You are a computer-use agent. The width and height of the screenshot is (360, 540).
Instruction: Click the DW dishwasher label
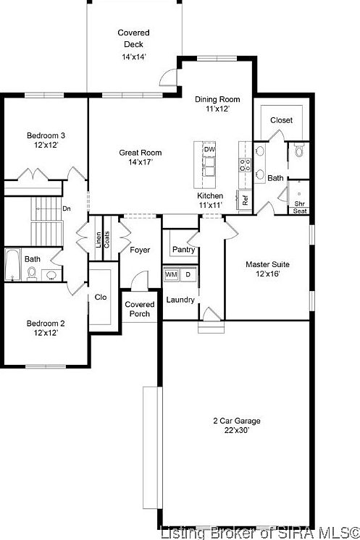(209, 149)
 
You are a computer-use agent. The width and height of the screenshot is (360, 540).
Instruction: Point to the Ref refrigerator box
(246, 201)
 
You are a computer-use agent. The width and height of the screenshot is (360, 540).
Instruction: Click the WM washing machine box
(172, 275)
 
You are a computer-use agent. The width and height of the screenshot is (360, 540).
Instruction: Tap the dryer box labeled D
(188, 275)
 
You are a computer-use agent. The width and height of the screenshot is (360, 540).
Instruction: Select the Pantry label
(183, 250)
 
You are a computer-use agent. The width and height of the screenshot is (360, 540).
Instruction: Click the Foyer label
(140, 250)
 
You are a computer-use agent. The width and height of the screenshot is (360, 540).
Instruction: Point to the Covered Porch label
(139, 308)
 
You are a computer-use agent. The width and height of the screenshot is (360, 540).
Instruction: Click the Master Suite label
(267, 269)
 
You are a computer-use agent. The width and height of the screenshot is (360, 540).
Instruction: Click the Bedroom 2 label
(46, 328)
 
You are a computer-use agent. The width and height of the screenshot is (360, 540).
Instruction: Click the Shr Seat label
(299, 208)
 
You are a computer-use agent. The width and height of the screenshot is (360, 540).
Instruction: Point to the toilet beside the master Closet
(298, 152)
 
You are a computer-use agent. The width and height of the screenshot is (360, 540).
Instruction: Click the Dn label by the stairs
(67, 209)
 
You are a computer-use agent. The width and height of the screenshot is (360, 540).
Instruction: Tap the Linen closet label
(99, 240)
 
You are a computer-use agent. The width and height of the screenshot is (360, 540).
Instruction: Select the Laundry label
(180, 300)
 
